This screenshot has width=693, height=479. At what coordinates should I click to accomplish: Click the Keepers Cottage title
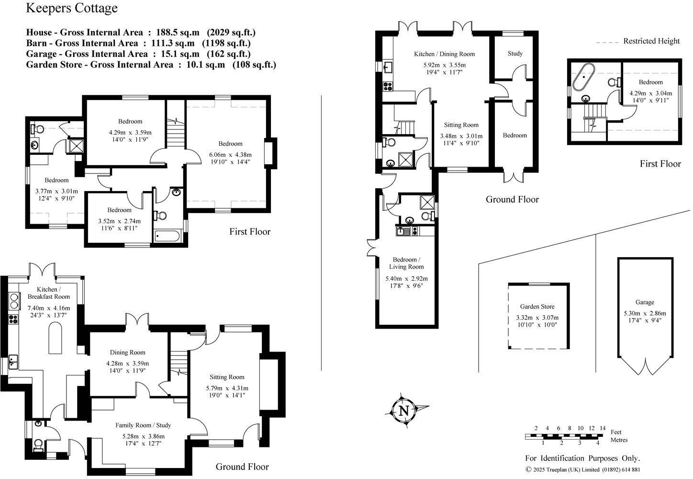[72, 8]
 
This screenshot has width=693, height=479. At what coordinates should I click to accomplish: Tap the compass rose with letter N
[404, 411]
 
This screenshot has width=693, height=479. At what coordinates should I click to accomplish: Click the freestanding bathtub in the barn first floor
[583, 77]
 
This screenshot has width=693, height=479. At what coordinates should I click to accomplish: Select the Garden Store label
[537, 307]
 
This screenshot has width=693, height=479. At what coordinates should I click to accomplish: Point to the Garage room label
[645, 302]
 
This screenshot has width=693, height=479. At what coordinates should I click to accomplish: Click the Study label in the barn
[515, 54]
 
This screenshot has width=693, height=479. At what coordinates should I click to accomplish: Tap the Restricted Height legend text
[651, 41]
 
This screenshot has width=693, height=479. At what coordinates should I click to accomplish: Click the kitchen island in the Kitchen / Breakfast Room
[56, 338]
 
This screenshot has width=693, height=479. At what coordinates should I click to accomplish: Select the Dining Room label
[127, 353]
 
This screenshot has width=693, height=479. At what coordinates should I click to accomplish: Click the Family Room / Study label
[143, 425]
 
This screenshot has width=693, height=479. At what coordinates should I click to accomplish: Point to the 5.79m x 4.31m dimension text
[227, 388]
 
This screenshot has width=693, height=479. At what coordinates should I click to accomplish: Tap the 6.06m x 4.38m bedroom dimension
[230, 155]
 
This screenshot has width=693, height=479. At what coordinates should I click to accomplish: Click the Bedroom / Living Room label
[406, 263]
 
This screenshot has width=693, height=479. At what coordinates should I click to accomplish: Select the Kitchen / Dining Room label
[444, 54]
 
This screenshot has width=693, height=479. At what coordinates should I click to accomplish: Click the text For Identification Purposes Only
[582, 458]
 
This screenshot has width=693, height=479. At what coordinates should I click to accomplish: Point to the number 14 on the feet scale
[603, 428]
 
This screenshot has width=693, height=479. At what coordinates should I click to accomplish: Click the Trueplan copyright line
[582, 469]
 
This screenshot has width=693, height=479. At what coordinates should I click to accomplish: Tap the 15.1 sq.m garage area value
[180, 54]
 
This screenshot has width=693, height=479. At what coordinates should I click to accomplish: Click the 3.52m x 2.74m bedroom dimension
[119, 221]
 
